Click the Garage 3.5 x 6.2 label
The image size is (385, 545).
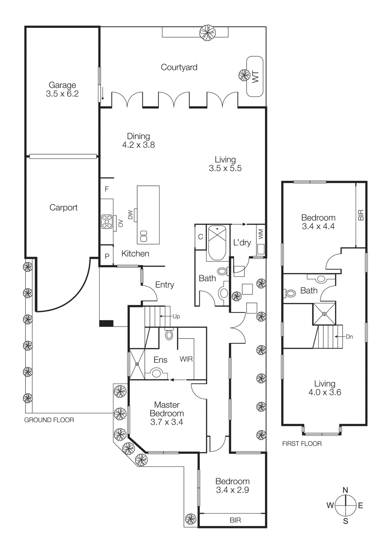pyautogui.click(x=62, y=90)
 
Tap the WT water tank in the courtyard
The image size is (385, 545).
pyautogui.click(x=255, y=77)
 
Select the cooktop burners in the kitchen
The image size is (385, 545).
pyautogui.click(x=107, y=221)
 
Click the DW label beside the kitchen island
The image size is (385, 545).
pyautogui.click(x=130, y=215)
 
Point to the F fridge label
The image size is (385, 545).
pyautogui.click(x=107, y=189)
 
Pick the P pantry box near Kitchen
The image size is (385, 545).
pyautogui.click(x=107, y=256)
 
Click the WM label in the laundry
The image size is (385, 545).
pyautogui.click(x=261, y=234)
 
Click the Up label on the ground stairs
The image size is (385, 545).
pyautogui.click(x=176, y=316)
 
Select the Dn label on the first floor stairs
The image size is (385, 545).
pyautogui.click(x=349, y=337)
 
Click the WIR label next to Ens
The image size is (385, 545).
pyautogui.click(x=186, y=359)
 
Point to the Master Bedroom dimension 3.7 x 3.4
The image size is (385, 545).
pyautogui.click(x=167, y=422)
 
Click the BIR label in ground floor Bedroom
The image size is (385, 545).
pyautogui.click(x=235, y=520)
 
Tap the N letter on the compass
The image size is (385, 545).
pyautogui.click(x=345, y=490)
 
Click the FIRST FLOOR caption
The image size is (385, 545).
pyautogui.click(x=302, y=443)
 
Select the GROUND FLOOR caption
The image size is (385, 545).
pyautogui.click(x=49, y=420)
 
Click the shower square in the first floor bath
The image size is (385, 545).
pyautogui.click(x=324, y=313)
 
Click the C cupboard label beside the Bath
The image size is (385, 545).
pyautogui.click(x=200, y=237)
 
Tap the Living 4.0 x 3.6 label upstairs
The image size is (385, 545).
pyautogui.click(x=325, y=388)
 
